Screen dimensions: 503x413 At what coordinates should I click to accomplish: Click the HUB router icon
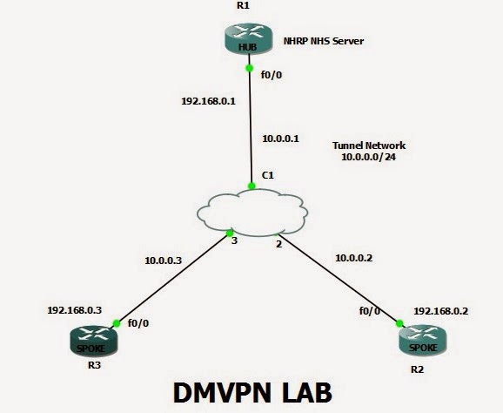pyautogui.click(x=249, y=39)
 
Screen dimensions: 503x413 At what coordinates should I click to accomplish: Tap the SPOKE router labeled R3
pyautogui.click(x=94, y=341)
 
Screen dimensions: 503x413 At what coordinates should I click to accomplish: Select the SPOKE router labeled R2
pyautogui.click(x=423, y=340)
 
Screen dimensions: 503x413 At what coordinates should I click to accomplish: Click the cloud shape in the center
pyautogui.click(x=252, y=213)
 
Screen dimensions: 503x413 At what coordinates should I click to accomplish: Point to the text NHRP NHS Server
pyautogui.click(x=324, y=41)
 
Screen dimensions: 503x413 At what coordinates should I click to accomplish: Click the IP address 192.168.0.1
pyautogui.click(x=208, y=101)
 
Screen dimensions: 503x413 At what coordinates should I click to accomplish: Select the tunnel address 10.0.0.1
pyautogui.click(x=280, y=139)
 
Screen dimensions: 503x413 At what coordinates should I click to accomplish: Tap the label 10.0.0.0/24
pyautogui.click(x=368, y=157)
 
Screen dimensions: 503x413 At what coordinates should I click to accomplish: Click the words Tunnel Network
pyautogui.click(x=369, y=146)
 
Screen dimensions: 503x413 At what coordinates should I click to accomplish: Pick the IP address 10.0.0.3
pyautogui.click(x=163, y=261)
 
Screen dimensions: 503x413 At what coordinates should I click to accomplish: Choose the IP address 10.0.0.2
pyautogui.click(x=353, y=258)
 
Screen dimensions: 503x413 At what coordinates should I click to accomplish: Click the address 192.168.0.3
pyautogui.click(x=75, y=310)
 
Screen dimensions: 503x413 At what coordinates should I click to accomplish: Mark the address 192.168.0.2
pyautogui.click(x=440, y=311)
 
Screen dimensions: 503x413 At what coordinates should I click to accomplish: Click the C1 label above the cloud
pyautogui.click(x=268, y=175)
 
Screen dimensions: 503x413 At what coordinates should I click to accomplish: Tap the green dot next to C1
pyautogui.click(x=251, y=186)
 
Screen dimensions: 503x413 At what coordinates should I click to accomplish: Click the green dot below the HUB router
pyautogui.click(x=249, y=68)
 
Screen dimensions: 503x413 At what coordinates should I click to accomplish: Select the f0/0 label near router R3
pyautogui.click(x=138, y=323)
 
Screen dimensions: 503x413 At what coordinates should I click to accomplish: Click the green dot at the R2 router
pyautogui.click(x=399, y=323)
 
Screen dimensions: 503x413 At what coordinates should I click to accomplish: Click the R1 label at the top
pyautogui.click(x=243, y=5)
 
